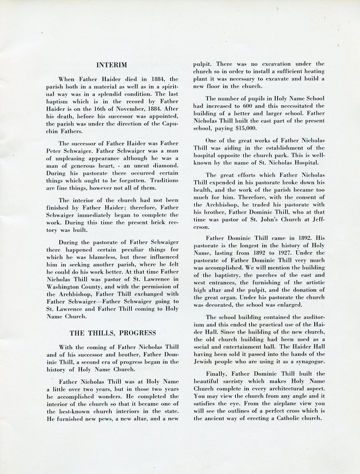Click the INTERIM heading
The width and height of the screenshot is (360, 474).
[112, 65]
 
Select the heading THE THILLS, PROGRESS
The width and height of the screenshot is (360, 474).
[113, 333]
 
